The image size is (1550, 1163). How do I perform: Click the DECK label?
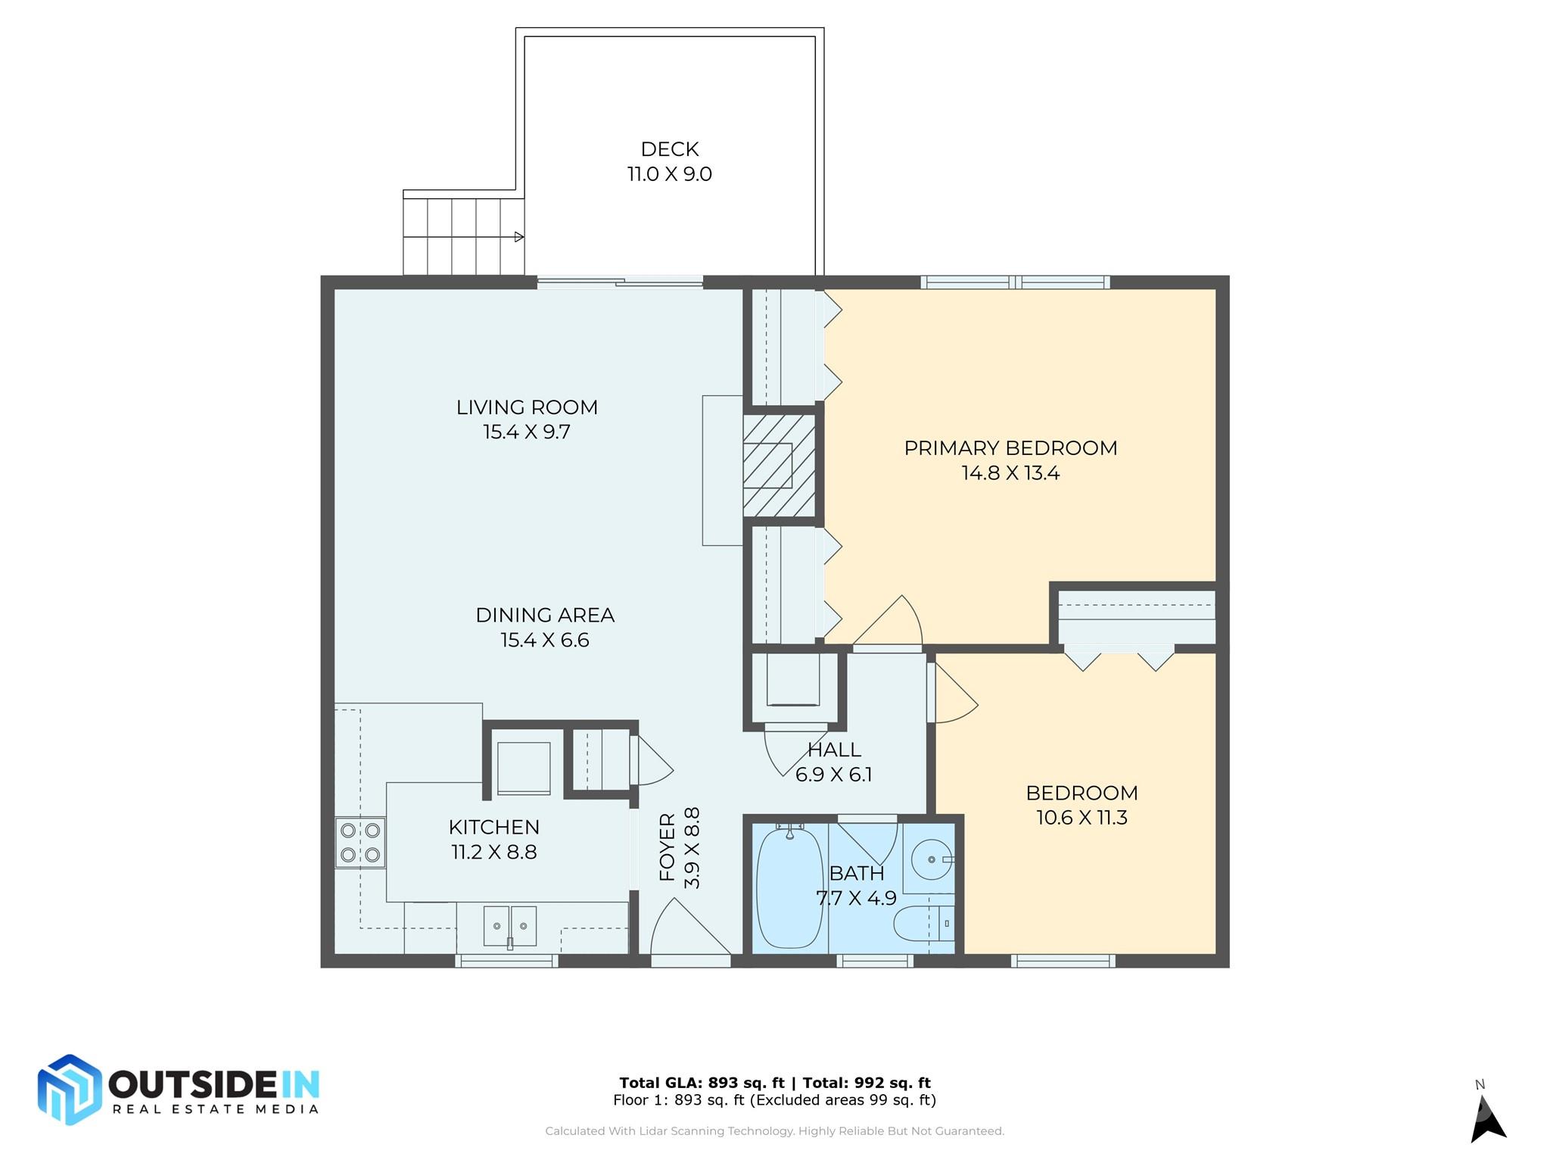coord(669,149)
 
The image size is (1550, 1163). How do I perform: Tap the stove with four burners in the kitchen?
coord(360,842)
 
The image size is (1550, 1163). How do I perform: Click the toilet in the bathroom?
coord(923,924)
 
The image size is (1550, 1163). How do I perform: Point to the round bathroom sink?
coord(932,859)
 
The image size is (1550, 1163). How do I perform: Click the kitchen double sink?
coord(510,926)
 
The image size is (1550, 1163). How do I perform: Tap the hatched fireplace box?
coord(780,465)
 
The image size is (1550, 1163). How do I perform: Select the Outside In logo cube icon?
coord(70,1090)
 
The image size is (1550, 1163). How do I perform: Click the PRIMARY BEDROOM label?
coord(1010,448)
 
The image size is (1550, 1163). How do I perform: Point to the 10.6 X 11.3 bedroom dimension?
coord(1082,818)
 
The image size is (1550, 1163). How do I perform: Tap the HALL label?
coord(834,750)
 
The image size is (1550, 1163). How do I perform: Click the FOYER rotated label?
coord(667,847)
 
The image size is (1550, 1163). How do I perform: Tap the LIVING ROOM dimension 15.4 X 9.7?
coord(527,432)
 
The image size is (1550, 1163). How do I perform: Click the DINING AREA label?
coord(545,615)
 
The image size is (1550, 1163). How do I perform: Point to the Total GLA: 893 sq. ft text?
coord(702,1083)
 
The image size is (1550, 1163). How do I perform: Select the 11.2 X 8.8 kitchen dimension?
coord(494,853)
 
